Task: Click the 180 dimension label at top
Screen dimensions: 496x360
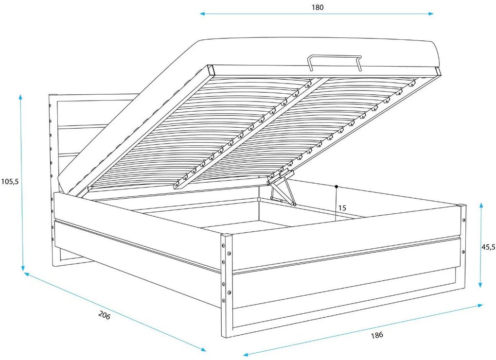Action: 318,7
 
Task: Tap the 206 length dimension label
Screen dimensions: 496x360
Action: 105,315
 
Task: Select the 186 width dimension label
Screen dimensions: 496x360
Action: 377,335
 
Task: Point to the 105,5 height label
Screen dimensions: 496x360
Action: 10,181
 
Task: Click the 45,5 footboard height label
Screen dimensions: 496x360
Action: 488,247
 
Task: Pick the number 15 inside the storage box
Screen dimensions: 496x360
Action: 342,208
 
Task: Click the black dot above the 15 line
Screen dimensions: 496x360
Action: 337,187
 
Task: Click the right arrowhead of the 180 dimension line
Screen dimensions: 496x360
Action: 431,14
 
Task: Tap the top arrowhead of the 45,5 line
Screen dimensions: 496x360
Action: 481,206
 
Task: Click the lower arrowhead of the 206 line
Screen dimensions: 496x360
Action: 203,349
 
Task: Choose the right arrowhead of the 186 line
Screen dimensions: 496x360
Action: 480,305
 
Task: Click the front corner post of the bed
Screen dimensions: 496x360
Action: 227,286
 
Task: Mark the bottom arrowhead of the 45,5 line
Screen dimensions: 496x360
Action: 481,285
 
